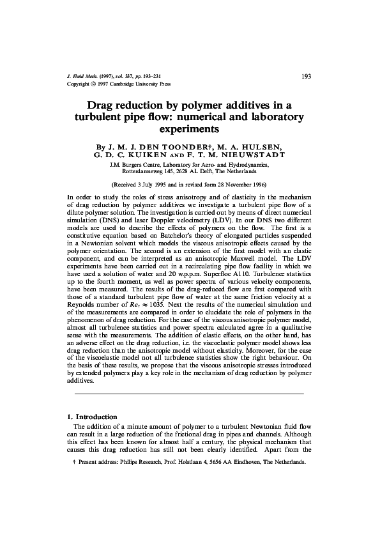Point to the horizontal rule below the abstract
(190, 394)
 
